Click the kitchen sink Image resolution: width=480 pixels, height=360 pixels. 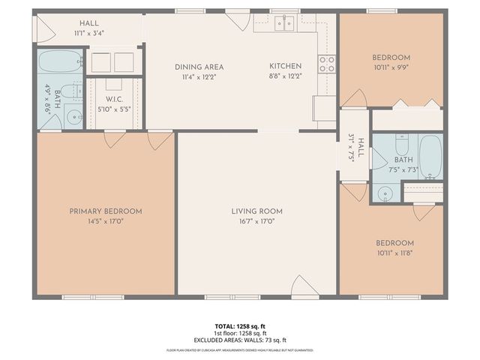tap(284, 23)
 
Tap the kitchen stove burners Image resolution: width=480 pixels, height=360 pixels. tap(326, 64)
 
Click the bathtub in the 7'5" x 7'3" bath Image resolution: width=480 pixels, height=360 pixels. tap(430, 157)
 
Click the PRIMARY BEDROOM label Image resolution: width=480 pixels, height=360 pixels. tap(106, 211)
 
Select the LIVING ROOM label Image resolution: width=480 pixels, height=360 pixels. tap(256, 211)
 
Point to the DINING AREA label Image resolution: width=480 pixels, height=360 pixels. tap(199, 67)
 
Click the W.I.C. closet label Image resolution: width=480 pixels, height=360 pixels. tap(114, 100)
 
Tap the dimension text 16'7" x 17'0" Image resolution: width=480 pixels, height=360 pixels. tap(256, 222)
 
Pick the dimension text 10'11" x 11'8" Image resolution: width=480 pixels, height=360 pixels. tap(394, 253)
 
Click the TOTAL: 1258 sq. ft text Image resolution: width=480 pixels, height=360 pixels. tap(240, 328)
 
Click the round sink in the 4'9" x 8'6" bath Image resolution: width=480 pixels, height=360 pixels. tap(73, 116)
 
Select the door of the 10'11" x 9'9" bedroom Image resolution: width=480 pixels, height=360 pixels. tap(354, 98)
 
